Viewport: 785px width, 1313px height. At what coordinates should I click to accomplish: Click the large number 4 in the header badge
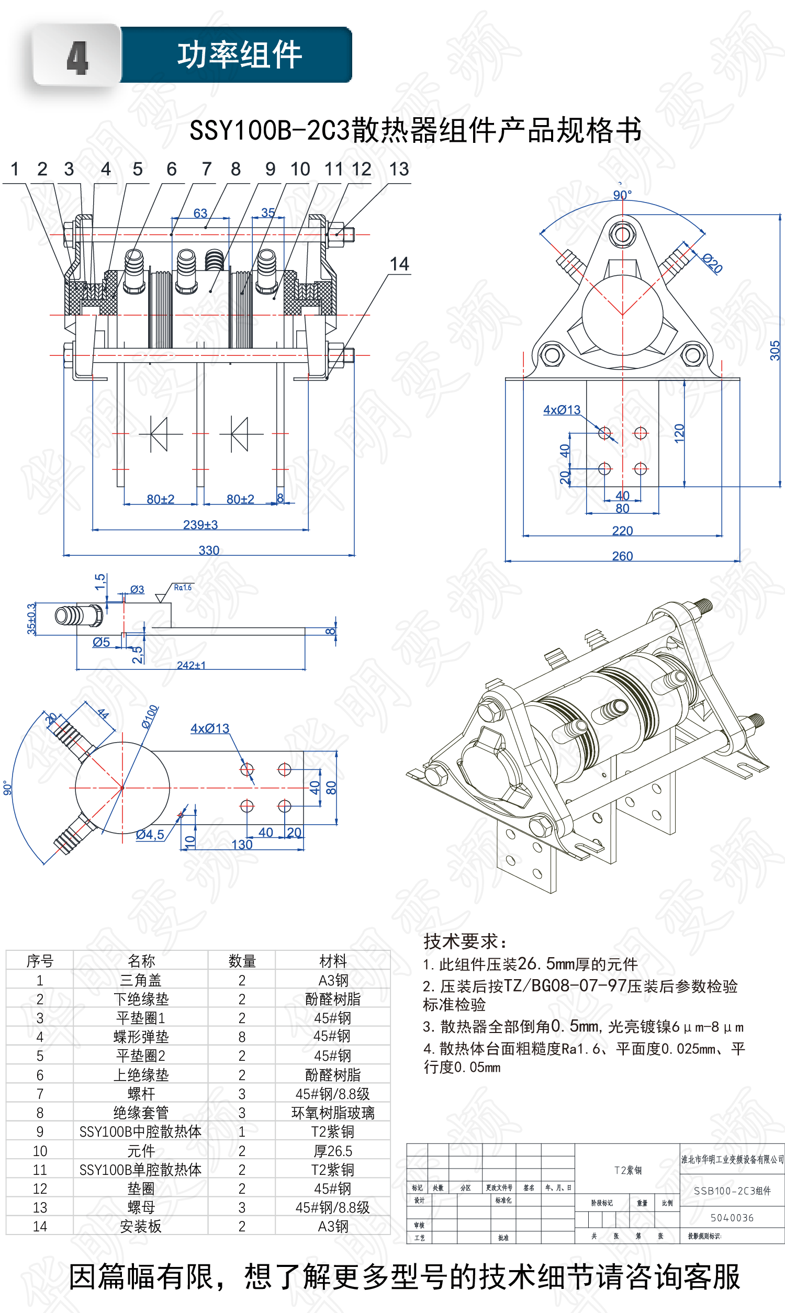[x=77, y=57]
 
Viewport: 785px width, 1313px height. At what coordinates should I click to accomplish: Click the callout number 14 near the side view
[x=399, y=264]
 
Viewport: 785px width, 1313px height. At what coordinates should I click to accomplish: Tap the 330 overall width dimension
[x=209, y=550]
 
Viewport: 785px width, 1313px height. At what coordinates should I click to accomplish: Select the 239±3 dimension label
[x=200, y=524]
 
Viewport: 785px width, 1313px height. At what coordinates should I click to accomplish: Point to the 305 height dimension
[x=775, y=350]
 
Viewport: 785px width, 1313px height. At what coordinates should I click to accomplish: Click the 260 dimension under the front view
[x=622, y=556]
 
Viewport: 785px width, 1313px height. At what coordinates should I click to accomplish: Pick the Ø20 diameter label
[x=712, y=263]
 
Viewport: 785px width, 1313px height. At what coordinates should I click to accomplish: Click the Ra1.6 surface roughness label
[x=183, y=588]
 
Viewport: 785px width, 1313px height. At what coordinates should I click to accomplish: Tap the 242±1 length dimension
[x=191, y=665]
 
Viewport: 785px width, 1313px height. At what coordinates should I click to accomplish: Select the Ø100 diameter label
[x=150, y=716]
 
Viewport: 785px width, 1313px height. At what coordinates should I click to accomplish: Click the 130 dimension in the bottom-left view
[x=242, y=845]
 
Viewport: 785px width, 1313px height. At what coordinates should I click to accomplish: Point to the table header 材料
[x=333, y=961]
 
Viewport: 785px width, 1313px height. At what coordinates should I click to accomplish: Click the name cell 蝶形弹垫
[x=141, y=1037]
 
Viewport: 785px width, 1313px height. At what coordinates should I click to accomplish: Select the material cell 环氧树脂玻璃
[x=333, y=1113]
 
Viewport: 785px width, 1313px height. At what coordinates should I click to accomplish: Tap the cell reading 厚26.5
[x=333, y=1151]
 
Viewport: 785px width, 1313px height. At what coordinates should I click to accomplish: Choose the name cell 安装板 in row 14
[x=141, y=1226]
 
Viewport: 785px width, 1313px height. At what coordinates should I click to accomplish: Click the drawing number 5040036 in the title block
[x=732, y=1218]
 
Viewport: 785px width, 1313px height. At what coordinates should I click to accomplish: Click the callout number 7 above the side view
[x=206, y=169]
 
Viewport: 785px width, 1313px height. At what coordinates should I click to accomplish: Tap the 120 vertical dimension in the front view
[x=679, y=433]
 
